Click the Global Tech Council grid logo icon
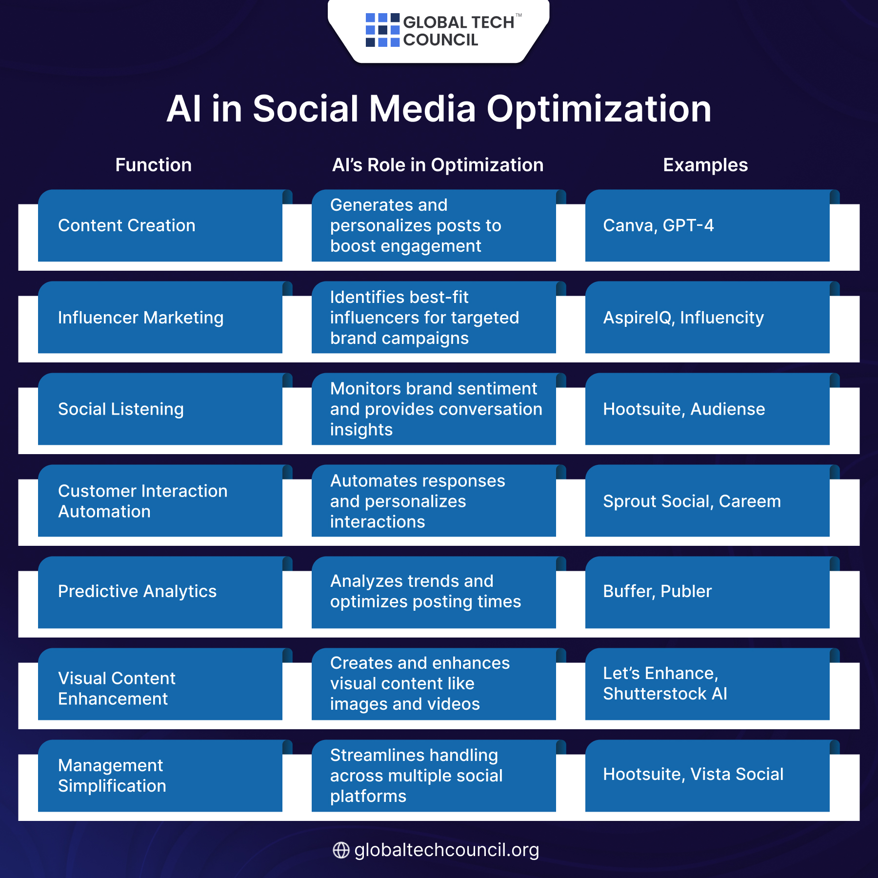[382, 30]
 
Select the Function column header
[153, 165]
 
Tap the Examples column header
[705, 165]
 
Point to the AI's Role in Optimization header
[438, 165]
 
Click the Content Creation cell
[160, 225]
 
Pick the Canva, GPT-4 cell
[707, 225]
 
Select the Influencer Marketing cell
[160, 318]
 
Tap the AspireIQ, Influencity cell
[707, 318]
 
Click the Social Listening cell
[160, 409]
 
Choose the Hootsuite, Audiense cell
[707, 409]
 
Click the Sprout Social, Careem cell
[707, 501]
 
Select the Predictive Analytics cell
[160, 592]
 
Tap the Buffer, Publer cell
[707, 592]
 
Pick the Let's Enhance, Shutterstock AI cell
[707, 684]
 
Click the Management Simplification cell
[160, 776]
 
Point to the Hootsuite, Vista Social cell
[707, 775]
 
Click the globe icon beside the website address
[341, 850]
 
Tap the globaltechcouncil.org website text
[446, 850]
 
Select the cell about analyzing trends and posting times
[434, 592]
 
